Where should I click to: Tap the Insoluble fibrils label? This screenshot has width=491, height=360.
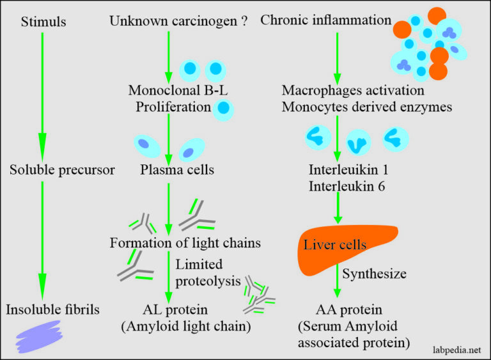point(53,310)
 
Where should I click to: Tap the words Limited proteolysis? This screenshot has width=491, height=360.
point(200,272)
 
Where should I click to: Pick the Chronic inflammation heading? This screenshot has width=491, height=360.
point(326,20)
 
